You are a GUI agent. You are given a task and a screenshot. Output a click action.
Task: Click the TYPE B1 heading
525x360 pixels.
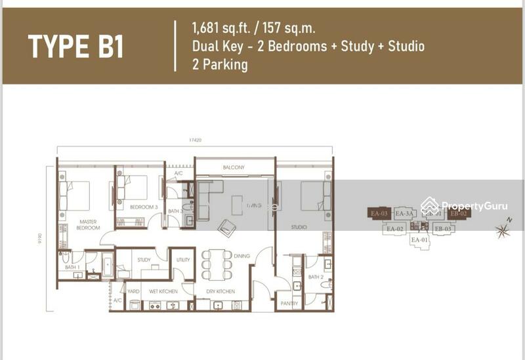[75, 47]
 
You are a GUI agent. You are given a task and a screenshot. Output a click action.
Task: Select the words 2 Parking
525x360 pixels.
[220, 65]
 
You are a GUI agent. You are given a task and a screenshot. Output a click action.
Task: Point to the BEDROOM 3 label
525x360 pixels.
[143, 207]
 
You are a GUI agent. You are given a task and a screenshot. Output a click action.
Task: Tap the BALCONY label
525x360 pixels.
[233, 168]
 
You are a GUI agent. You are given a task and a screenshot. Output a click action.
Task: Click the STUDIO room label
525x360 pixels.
[299, 228]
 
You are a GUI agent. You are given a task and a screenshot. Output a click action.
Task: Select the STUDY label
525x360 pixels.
[144, 260]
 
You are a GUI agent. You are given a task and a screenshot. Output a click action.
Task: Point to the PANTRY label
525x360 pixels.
[289, 304]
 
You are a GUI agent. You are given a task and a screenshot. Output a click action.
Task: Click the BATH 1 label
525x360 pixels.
[72, 268]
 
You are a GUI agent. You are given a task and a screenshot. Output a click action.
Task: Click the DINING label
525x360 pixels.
[241, 256]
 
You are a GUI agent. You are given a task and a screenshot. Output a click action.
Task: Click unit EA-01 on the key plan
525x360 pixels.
[419, 240]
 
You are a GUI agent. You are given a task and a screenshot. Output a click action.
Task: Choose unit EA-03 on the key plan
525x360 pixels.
[380, 214]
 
